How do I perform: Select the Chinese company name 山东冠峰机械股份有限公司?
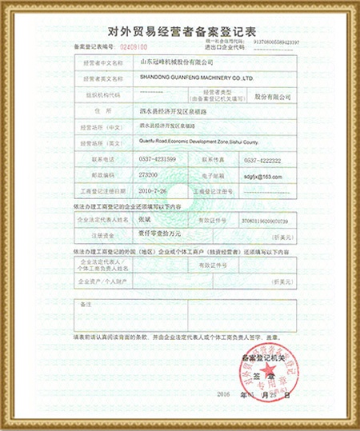[x=177, y=61]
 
